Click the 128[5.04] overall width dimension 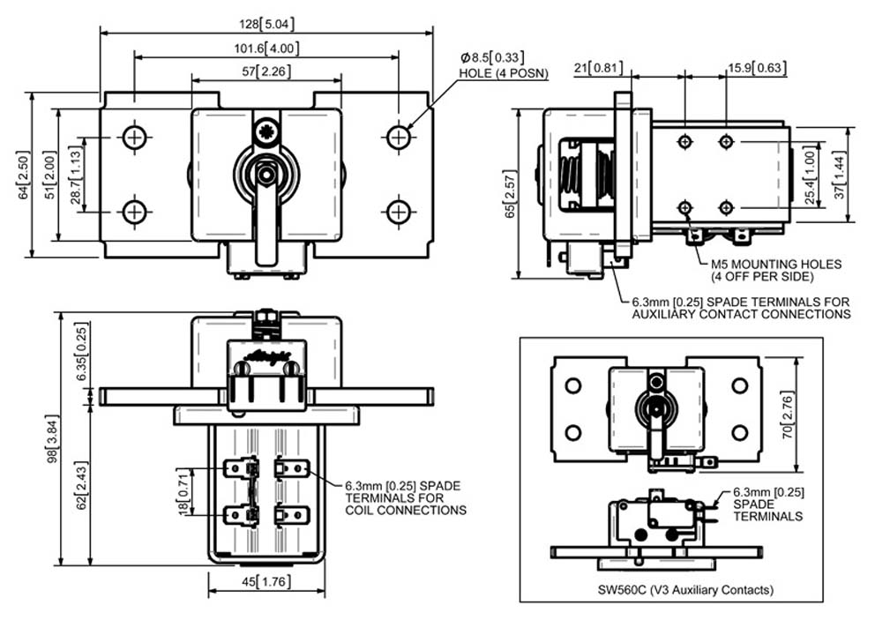click(x=266, y=24)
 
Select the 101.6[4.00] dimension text click(x=266, y=49)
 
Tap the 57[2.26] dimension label click(x=266, y=71)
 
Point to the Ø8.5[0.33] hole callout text click(x=492, y=57)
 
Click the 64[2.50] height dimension click(x=24, y=174)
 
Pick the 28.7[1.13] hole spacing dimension click(x=75, y=175)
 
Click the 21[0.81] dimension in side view click(x=598, y=68)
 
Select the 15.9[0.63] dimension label click(x=758, y=68)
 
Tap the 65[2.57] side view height click(x=510, y=194)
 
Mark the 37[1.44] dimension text click(x=841, y=175)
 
